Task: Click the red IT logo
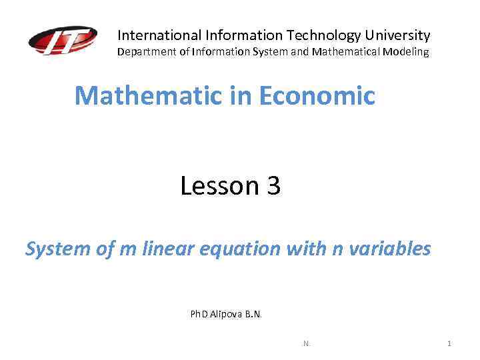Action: pos(63,41)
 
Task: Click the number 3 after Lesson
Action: pos(273,185)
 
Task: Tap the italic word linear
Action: pos(165,249)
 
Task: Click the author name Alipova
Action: pos(225,314)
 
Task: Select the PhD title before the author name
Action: pos(199,314)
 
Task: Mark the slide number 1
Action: pos(449,343)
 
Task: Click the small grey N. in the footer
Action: pos(307,343)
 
